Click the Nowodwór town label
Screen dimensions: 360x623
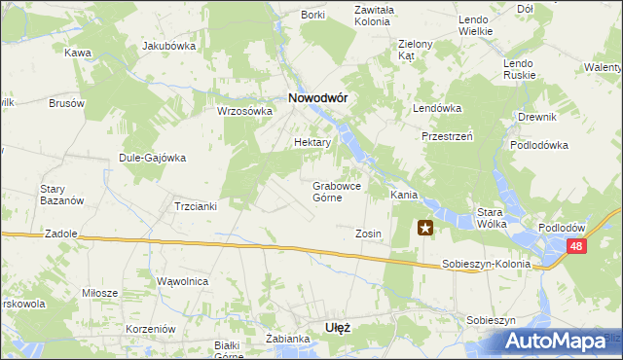tap(317, 97)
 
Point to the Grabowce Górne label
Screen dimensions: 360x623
tap(339, 191)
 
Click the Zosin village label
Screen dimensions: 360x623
tap(368, 234)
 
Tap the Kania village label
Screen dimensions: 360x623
tap(404, 195)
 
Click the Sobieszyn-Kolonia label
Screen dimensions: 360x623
tap(486, 264)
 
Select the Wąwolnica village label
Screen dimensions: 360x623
tap(183, 281)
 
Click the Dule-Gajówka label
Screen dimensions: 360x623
tap(152, 158)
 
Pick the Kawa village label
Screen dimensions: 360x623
tap(78, 53)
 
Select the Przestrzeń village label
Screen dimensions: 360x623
tap(447, 137)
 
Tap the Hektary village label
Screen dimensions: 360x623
tap(312, 142)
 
